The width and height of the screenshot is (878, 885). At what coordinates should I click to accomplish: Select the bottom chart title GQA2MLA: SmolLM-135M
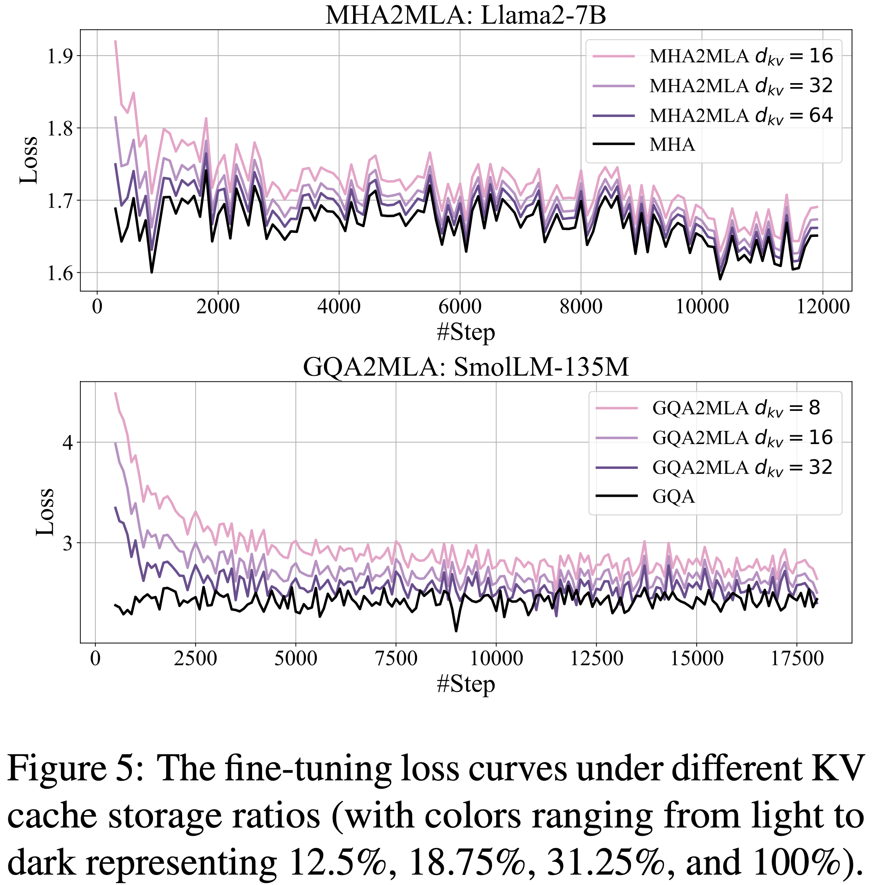pyautogui.click(x=466, y=367)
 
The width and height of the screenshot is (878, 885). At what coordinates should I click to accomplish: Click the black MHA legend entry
pyautogui.click(x=672, y=145)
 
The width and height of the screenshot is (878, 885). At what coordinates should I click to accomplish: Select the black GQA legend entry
pyautogui.click(x=673, y=496)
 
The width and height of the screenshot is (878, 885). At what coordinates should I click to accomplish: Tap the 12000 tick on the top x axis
pyautogui.click(x=822, y=306)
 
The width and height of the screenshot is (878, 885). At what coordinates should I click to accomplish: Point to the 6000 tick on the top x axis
pyautogui.click(x=460, y=306)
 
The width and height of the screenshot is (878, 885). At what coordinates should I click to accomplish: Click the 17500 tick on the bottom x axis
pyautogui.click(x=797, y=659)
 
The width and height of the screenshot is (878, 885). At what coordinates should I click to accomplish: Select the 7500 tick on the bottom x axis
pyautogui.click(x=396, y=659)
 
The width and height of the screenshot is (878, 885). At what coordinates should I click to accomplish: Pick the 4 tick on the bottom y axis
pyautogui.click(x=68, y=443)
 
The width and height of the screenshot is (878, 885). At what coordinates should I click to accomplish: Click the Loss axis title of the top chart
pyautogui.click(x=28, y=160)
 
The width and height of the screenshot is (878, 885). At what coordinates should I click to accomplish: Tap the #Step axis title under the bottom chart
pyautogui.click(x=466, y=685)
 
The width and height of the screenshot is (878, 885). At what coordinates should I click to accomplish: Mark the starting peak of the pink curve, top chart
pyautogui.click(x=115, y=41)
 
